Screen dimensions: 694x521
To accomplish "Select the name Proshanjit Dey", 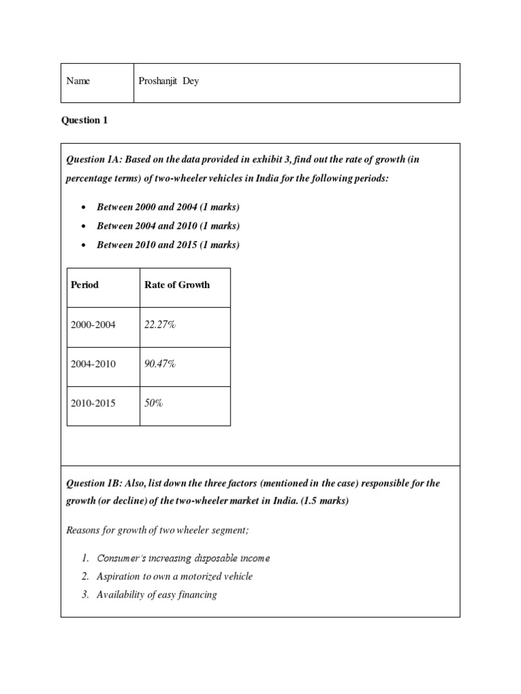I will [x=169, y=81].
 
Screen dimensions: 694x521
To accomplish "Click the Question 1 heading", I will [x=85, y=121].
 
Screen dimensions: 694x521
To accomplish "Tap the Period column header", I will [x=85, y=285].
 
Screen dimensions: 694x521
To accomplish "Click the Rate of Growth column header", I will [x=177, y=285].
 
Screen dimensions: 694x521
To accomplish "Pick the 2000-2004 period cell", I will [x=93, y=325].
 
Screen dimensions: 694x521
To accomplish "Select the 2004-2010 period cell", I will [x=93, y=364].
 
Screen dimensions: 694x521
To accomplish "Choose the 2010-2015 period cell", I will [x=93, y=403].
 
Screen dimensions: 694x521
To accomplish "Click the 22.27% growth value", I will [x=160, y=325].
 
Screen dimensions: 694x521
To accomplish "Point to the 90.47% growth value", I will [x=160, y=364].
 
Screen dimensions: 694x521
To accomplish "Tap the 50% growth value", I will [x=154, y=403].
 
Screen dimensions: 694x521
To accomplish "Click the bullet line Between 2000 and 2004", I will [x=168, y=207].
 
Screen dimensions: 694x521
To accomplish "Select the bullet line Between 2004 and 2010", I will [x=168, y=226].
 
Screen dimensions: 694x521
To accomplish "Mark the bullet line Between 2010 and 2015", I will [x=168, y=245].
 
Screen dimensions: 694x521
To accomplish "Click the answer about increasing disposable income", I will [x=183, y=558].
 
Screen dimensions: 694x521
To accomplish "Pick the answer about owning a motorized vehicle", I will [x=174, y=576].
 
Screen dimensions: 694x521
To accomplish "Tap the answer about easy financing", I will [x=157, y=594].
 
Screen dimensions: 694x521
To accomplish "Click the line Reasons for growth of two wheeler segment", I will [x=157, y=529].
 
